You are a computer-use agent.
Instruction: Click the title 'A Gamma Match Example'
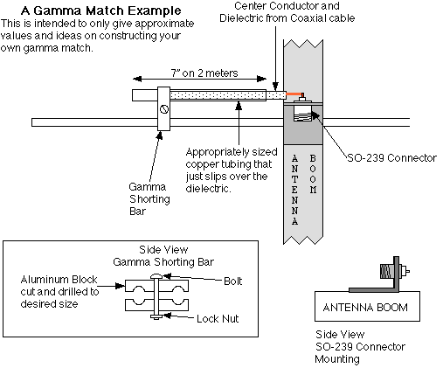pos(101,10)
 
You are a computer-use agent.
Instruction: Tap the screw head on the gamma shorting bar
pos(164,109)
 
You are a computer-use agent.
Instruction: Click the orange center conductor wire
pos(294,94)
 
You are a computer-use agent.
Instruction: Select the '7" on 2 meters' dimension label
pos(204,73)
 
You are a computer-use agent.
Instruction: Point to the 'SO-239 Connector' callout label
pos(391,158)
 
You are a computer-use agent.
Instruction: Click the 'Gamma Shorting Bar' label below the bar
pos(149,198)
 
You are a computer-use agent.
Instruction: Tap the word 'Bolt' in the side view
pos(232,281)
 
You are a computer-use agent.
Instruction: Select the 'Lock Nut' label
pos(218,318)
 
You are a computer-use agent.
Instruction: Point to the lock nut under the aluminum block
pos(156,316)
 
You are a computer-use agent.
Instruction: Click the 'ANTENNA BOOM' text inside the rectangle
pos(365,308)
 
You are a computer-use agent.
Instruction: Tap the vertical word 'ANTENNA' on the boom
pos(294,190)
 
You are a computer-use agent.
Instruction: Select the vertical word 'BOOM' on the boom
pos(313,174)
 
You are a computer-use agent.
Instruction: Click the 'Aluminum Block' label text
pos(59,280)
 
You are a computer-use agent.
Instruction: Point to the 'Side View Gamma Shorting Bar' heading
pos(163,256)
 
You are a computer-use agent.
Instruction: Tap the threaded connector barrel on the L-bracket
pos(387,271)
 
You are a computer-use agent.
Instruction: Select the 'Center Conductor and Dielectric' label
pos(287,12)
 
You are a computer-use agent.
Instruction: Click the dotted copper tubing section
pos(218,95)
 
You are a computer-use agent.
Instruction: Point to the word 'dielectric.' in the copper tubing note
pos(208,189)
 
